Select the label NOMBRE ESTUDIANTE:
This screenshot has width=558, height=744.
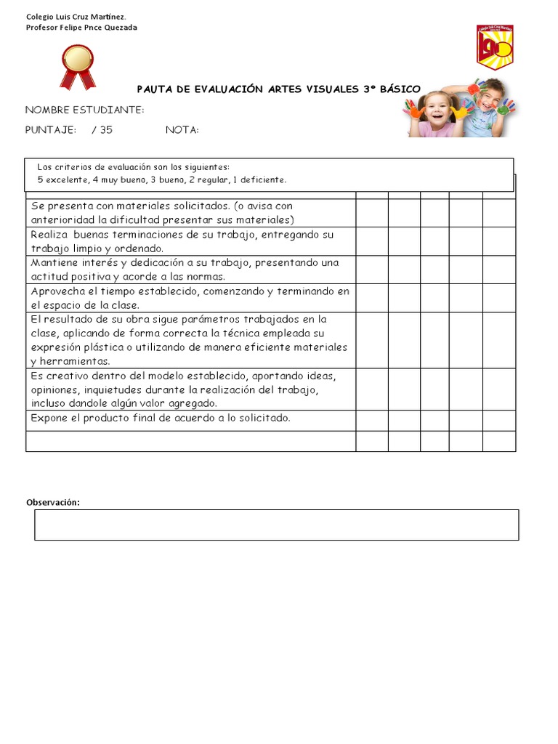84,110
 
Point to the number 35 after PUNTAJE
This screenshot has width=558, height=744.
106,130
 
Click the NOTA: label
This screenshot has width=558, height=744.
182,130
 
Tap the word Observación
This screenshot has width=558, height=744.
53,503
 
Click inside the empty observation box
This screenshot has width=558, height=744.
276,525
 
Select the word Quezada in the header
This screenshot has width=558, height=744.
120,28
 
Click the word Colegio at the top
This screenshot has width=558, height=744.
39,16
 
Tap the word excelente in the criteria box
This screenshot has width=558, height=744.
66,179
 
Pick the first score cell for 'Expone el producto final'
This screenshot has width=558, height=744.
371,421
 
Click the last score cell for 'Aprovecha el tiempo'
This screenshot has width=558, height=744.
499,298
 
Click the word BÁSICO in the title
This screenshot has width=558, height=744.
400,89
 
